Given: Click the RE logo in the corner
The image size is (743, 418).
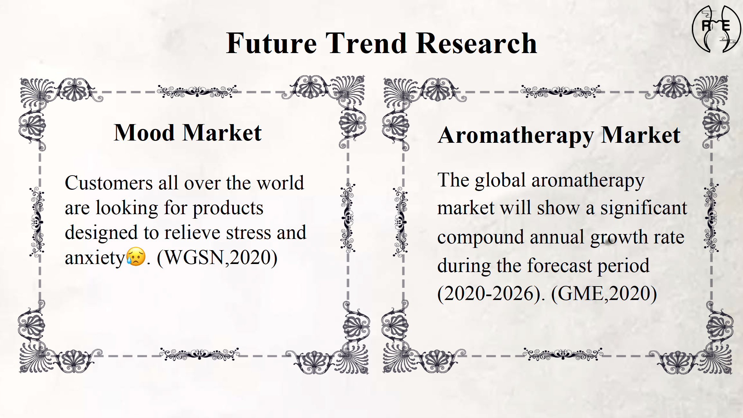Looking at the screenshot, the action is click(x=716, y=29).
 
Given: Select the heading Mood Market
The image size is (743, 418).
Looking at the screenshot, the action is click(x=188, y=132).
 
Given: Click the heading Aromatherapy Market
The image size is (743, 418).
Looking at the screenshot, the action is click(x=559, y=135).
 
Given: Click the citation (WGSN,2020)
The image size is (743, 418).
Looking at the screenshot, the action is click(x=217, y=258).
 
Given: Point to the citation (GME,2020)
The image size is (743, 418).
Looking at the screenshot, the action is click(x=604, y=294).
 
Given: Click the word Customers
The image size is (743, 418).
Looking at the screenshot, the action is click(x=109, y=183).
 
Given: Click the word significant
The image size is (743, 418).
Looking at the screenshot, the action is click(x=644, y=208).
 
